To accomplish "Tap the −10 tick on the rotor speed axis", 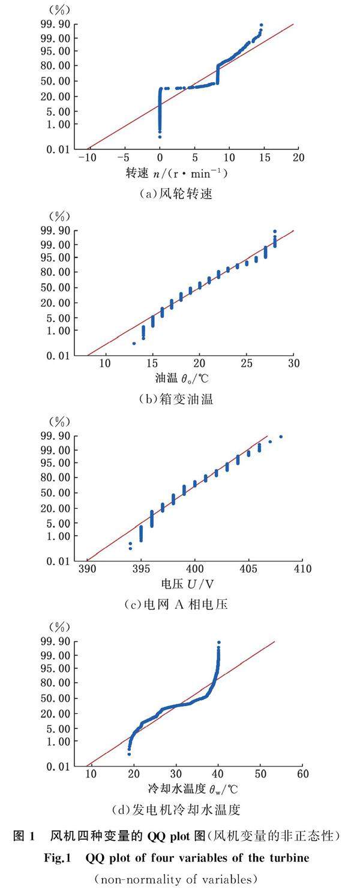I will tap(89, 157).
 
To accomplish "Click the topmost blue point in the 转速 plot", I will tap(261, 25).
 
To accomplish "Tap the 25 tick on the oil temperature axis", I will tap(246, 364).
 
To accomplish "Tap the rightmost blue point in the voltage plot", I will tap(281, 437).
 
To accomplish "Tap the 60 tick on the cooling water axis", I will tap(302, 774).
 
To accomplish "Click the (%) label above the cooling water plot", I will tap(59, 627).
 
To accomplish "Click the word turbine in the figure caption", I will tap(290, 858).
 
